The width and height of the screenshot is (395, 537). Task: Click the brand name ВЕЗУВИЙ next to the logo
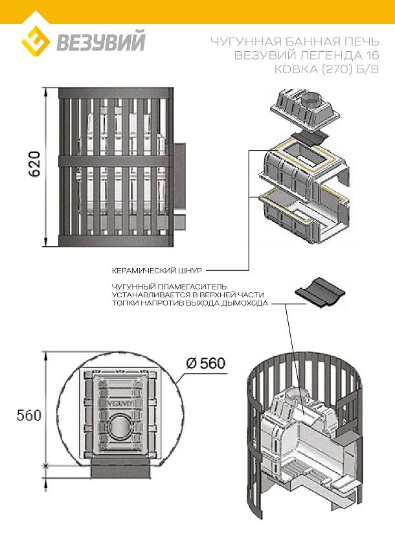coord(101,41)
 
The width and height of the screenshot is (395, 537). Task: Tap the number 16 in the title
coord(372,55)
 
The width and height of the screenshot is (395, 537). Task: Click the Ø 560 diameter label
coord(205,363)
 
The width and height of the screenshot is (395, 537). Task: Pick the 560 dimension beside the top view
coord(28,415)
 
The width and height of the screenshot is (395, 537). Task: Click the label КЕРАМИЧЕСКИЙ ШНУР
coord(157,271)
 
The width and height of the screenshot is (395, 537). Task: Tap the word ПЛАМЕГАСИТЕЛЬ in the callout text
coord(194,286)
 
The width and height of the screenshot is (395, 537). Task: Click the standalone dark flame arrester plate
coord(320,293)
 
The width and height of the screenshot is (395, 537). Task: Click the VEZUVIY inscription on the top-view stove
coord(120,404)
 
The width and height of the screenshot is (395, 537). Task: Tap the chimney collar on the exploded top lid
coord(312,99)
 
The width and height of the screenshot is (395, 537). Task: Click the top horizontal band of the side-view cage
coord(116,93)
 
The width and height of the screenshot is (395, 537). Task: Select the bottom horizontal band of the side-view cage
coord(116,241)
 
